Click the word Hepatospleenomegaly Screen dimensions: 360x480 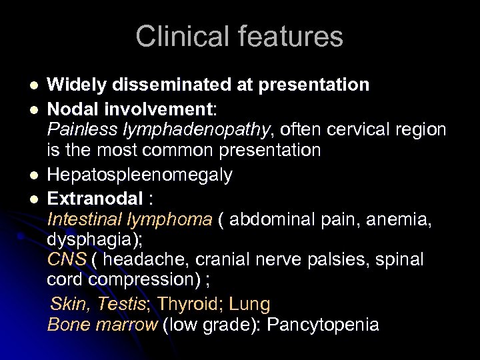pyautogui.click(x=140, y=175)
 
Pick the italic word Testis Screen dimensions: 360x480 pyautogui.click(x=121, y=305)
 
